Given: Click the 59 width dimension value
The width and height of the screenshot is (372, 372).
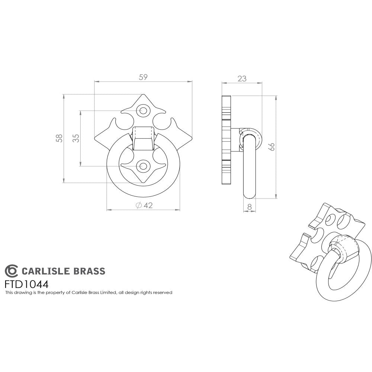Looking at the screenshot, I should (143, 77).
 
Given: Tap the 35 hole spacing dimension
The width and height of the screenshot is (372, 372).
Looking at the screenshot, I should (76, 138).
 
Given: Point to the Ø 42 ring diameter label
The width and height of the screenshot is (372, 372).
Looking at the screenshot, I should (144, 205).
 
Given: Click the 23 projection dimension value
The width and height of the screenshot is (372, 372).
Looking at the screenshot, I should (242, 78).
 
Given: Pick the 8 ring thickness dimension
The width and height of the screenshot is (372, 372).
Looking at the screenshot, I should (250, 207).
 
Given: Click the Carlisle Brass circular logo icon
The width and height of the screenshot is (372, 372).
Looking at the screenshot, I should (11, 270).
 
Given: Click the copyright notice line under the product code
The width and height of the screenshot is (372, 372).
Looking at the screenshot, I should (88, 293).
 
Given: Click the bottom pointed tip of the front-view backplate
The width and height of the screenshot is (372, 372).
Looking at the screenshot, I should (143, 182).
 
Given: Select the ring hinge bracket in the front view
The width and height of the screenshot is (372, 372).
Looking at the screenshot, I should (143, 138).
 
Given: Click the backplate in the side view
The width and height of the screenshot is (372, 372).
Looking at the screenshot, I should (226, 139).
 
